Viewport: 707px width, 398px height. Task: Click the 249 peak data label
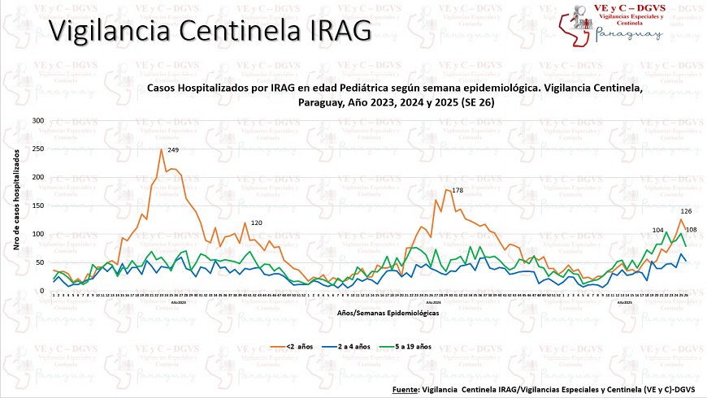pyautogui.click(x=173, y=150)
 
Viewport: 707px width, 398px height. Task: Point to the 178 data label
pyautogui.click(x=457, y=190)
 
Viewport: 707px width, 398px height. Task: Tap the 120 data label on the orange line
pyautogui.click(x=256, y=223)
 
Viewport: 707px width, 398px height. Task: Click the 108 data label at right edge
pyautogui.click(x=692, y=230)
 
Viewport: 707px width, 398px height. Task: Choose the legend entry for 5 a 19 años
pyautogui.click(x=442, y=347)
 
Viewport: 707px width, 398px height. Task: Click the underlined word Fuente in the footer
pyautogui.click(x=404, y=390)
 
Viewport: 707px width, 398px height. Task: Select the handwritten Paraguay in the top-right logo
pyautogui.click(x=628, y=33)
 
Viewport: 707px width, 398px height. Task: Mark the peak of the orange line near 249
pyautogui.click(x=161, y=150)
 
